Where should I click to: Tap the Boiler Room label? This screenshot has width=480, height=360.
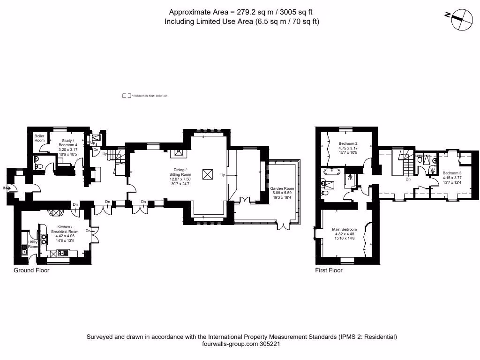point(39,138)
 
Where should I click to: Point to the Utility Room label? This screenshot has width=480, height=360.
point(32,244)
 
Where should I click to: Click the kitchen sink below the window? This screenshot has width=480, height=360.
point(60,254)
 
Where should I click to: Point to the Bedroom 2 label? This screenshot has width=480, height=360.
point(348,143)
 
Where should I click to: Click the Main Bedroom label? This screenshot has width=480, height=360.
point(345,229)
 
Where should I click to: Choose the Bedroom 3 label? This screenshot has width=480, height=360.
point(452,172)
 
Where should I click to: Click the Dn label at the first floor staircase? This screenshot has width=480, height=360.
point(408,179)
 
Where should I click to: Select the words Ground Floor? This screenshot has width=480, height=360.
point(31,270)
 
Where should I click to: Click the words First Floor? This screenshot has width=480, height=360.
point(329,270)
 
